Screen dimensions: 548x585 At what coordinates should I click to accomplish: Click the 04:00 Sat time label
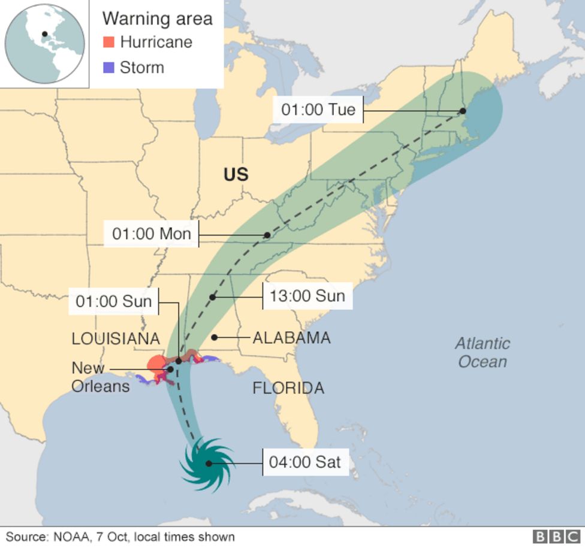305,462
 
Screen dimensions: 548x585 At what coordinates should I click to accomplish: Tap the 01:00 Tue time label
318,110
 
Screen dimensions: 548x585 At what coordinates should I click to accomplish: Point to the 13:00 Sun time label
307,296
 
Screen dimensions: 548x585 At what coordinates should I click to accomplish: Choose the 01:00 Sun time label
114,301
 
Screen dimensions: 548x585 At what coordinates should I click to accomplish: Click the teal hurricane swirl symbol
207,463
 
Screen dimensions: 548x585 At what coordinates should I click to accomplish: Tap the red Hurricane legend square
108,42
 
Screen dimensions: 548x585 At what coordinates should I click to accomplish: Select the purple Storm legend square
108,67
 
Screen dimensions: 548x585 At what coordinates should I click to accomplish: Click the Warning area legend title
157,19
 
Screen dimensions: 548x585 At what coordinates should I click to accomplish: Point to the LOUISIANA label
116,338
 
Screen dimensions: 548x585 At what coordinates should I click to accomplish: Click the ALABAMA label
291,338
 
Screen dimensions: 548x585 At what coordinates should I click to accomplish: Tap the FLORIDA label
288,388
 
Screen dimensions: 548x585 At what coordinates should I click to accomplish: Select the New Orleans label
100,377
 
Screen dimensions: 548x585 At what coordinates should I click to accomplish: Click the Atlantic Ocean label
483,352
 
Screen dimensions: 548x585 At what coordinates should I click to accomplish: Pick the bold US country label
236,174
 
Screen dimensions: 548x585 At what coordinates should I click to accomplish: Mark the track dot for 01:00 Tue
463,111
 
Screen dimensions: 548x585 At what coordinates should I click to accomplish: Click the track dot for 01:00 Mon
267,235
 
